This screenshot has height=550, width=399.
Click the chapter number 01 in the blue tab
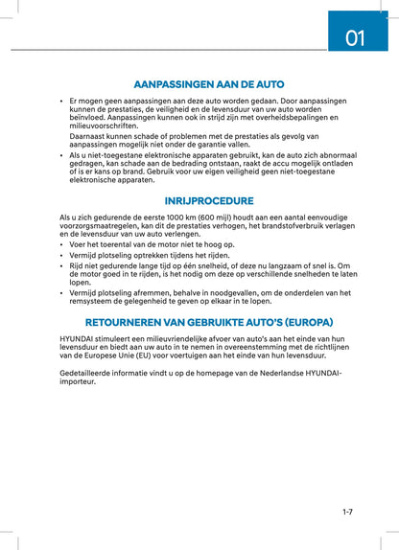[x=355, y=37]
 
